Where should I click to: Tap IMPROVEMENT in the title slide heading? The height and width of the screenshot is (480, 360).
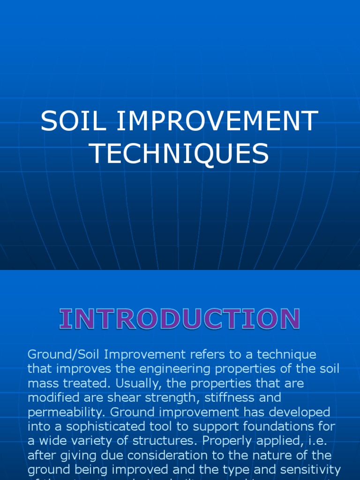pos(217,121)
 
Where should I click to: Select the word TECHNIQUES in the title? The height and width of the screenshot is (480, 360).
pos(179,153)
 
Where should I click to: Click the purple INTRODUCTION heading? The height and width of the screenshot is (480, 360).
pos(180,319)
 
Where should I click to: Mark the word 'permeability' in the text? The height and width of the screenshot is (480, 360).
pos(64,412)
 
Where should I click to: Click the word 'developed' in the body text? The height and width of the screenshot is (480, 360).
pos(294,412)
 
